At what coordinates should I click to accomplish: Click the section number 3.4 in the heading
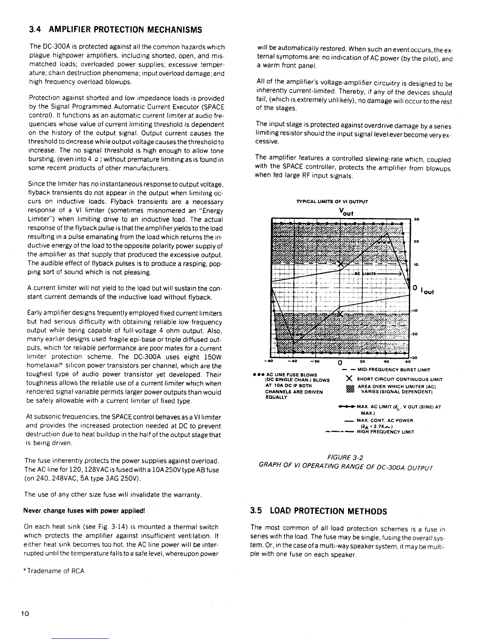35,30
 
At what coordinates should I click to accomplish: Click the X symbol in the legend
349,379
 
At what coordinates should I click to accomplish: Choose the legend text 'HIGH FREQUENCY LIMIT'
385,432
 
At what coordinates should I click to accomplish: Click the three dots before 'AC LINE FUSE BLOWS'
257,374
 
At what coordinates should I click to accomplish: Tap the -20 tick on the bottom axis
314,362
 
